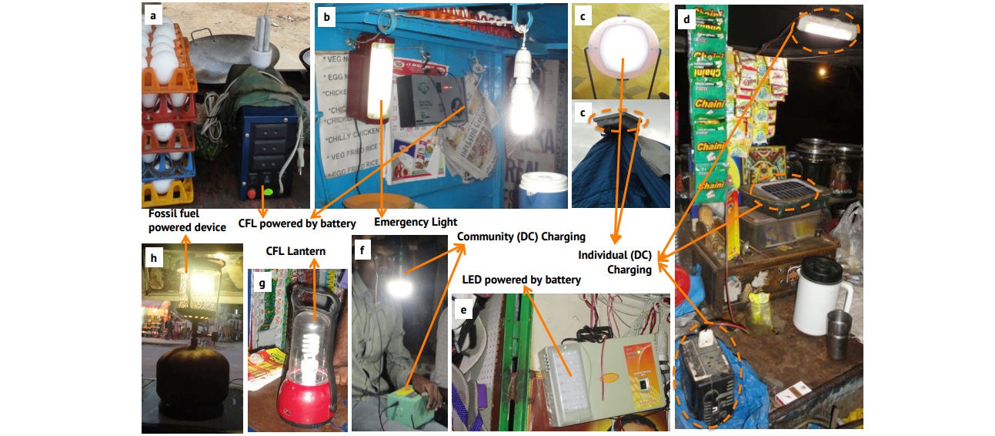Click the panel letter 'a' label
(x=152, y=15)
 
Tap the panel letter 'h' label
(x=153, y=258)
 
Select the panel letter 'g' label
(x=262, y=283)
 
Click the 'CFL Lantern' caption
(x=295, y=250)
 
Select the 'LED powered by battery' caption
(x=522, y=279)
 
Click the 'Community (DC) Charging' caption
(x=521, y=236)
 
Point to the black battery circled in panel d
(x=704, y=377)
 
